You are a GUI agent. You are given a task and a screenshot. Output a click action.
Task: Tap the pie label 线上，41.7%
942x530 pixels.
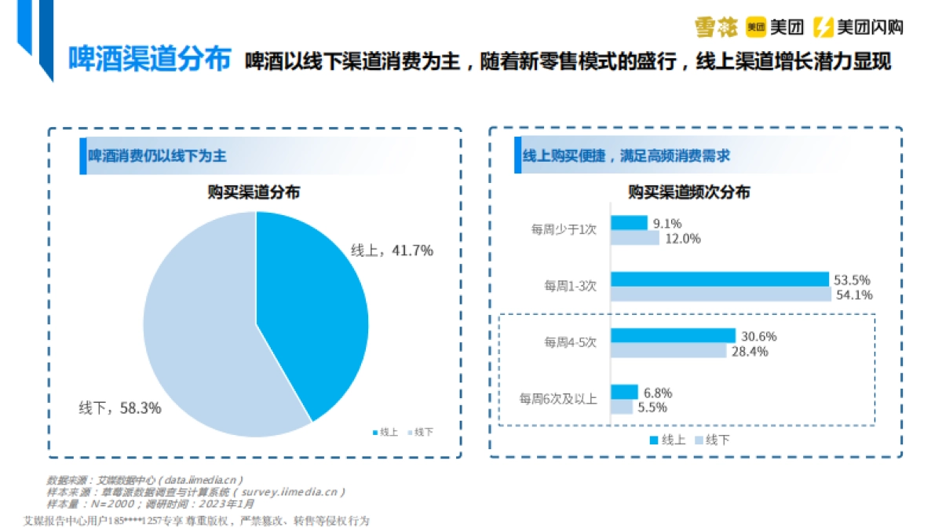click(392, 250)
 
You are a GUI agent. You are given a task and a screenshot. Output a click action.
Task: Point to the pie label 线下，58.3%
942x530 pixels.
click(120, 408)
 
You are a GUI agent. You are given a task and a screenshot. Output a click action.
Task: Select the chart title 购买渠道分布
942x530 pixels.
click(254, 192)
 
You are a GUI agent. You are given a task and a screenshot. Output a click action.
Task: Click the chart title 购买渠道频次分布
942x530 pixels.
click(688, 192)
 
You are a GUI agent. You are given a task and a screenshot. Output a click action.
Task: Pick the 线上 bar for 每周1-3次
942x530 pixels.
click(719, 279)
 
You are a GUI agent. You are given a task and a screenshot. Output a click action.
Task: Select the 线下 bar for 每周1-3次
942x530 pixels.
click(721, 294)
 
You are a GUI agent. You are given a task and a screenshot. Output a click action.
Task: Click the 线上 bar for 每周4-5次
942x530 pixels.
click(673, 336)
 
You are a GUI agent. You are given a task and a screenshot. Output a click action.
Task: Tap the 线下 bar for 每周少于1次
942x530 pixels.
click(635, 238)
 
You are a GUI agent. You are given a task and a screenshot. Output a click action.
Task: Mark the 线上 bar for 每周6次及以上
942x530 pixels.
click(624, 392)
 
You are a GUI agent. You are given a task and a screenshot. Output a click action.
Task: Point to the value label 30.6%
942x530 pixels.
click(758, 336)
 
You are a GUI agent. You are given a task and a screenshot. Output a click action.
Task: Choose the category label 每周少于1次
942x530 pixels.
click(564, 230)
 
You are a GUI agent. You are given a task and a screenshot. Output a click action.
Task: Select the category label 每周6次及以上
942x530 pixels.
click(558, 399)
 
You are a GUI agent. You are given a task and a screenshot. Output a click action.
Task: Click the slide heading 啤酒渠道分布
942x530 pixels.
click(149, 59)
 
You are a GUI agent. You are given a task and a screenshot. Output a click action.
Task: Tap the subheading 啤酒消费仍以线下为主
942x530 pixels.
click(157, 156)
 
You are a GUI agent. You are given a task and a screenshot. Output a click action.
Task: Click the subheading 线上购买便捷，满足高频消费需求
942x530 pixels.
click(626, 156)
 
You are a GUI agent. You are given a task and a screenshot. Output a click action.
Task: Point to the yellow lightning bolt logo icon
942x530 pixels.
click(823, 27)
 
